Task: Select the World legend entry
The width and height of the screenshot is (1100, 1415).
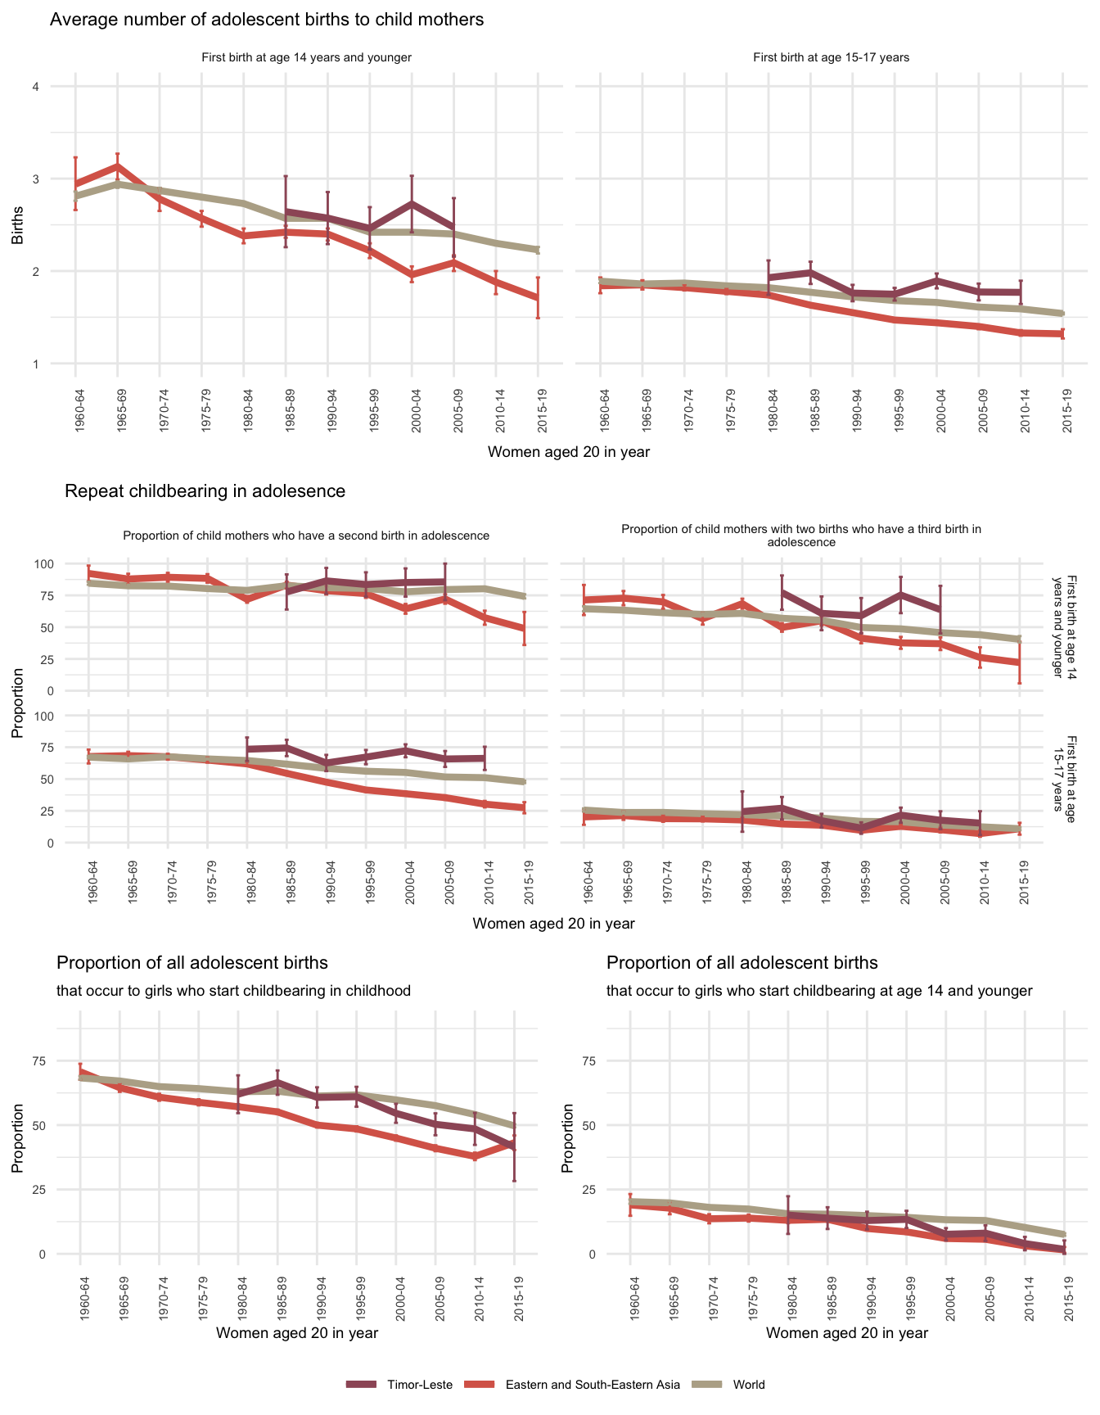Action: point(749,1385)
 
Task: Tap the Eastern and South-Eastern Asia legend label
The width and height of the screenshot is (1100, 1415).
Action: point(593,1385)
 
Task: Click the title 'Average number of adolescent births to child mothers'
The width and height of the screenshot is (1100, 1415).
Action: point(267,20)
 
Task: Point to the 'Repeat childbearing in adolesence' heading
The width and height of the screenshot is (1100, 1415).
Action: point(205,491)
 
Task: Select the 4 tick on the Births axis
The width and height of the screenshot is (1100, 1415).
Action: point(35,87)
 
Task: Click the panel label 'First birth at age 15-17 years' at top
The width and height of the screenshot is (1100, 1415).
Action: point(831,57)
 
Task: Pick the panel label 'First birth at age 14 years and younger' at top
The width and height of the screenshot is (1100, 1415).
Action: point(306,57)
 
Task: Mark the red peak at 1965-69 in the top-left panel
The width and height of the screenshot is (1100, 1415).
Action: point(117,166)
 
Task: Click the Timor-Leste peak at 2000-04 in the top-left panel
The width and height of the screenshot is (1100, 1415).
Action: point(412,203)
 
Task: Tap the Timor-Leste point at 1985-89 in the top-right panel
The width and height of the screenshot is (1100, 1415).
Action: point(810,272)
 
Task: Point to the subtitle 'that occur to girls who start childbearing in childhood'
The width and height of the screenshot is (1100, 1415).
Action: point(233,991)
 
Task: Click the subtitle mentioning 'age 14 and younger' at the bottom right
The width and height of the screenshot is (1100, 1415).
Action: point(819,991)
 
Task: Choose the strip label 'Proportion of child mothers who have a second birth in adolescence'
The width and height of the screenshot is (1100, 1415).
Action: point(306,536)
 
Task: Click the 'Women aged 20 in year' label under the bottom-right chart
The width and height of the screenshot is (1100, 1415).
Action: point(847,1332)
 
